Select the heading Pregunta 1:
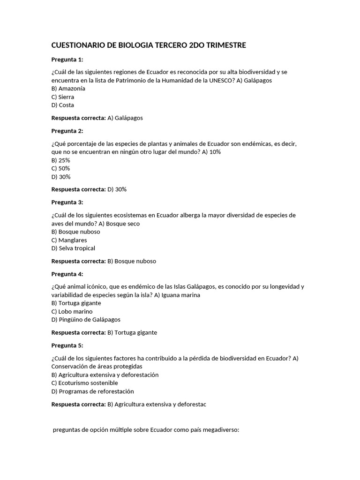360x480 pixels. [67, 60]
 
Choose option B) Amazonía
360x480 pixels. [68, 88]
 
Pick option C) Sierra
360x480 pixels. [63, 97]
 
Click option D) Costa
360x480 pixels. [63, 105]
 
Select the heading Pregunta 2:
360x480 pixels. [67, 131]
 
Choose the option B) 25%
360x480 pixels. [61, 160]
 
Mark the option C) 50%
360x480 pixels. [61, 168]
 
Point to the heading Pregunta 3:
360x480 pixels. [67, 202]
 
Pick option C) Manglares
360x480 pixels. [69, 240]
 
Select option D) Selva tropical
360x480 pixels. [73, 248]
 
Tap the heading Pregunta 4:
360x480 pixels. [67, 274]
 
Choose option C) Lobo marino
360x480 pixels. [72, 311]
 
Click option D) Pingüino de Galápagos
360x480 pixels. [86, 320]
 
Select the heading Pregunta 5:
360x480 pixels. [67, 345]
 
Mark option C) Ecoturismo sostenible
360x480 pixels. [85, 383]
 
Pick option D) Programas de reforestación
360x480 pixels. [93, 391]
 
